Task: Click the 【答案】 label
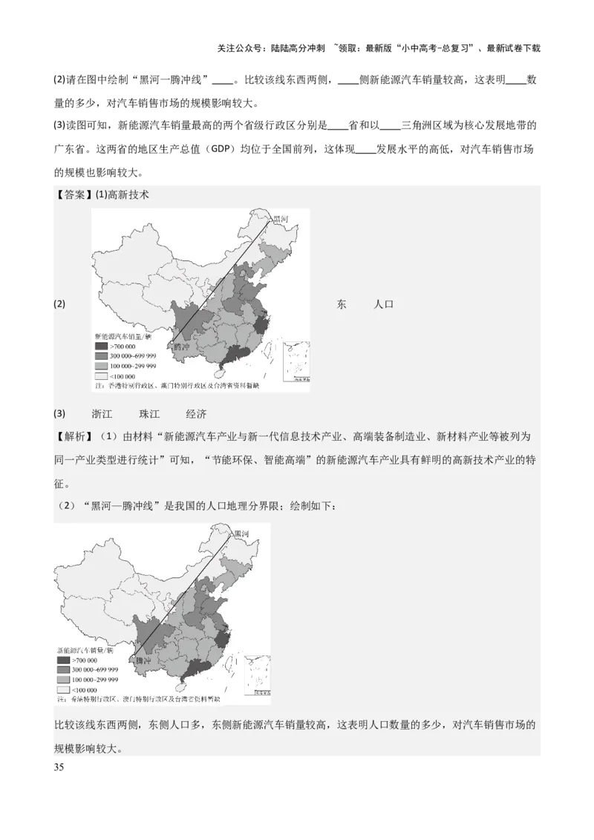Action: point(73,195)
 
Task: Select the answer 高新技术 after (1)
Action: point(128,195)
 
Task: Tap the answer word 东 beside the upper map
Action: point(342,305)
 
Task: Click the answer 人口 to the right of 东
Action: point(383,305)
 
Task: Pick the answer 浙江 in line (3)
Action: point(102,414)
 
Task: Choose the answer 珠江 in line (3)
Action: point(149,414)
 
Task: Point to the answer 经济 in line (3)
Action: point(196,414)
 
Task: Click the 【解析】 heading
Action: point(73,436)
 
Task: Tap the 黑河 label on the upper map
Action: point(280,220)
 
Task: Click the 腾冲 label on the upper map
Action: point(183,346)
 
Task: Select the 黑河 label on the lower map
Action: point(241,534)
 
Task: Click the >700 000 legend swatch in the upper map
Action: point(100,347)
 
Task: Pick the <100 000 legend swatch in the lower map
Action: point(62,689)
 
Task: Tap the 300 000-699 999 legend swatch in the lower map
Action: point(62,670)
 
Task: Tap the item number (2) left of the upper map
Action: point(59,305)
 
